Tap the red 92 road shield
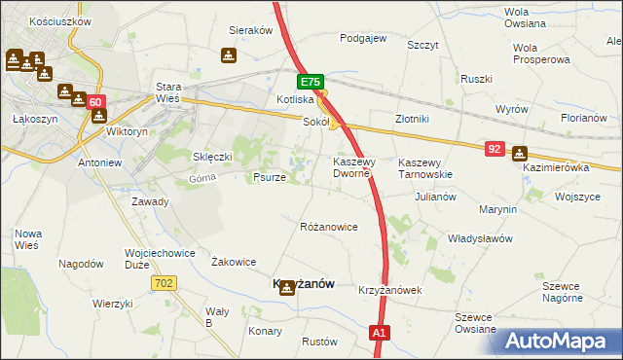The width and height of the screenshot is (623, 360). coord(495,149)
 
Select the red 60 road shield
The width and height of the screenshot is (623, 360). coord(94,102)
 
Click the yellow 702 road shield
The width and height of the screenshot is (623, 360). coord(164,282)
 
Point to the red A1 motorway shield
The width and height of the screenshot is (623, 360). coord(381,334)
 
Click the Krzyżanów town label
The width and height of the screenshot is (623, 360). coord(301,283)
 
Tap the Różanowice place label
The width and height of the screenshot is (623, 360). coord(328,227)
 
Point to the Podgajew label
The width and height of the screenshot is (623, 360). coord(363,39)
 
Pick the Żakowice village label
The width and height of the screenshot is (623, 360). coord(234,262)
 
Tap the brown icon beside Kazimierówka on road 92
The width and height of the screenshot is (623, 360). coord(519,153)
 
